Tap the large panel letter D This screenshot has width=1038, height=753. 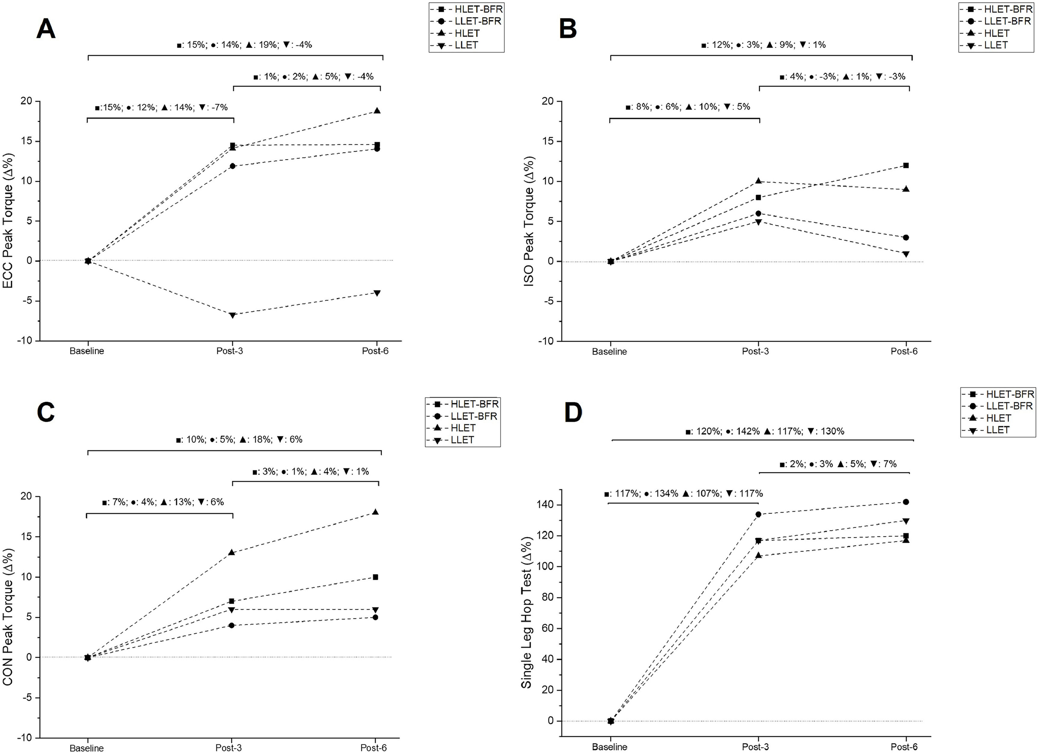click(x=573, y=413)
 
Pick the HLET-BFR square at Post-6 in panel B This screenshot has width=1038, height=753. click(x=906, y=165)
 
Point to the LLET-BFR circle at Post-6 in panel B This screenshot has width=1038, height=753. click(x=906, y=237)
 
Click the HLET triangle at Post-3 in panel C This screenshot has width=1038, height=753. click(x=231, y=552)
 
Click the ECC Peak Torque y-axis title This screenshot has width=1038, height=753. click(x=8, y=221)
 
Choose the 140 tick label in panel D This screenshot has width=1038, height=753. click(x=544, y=505)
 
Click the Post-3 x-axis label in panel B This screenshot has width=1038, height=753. click(x=755, y=351)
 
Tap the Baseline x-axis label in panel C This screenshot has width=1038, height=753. click(x=86, y=748)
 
